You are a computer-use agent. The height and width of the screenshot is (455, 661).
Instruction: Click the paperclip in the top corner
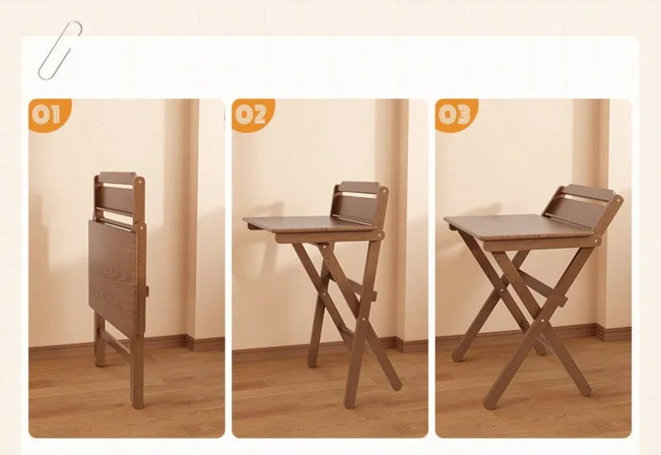click(x=59, y=50)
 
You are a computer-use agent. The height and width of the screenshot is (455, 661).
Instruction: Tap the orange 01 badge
click(x=48, y=114)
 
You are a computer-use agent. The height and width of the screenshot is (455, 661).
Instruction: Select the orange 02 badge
click(x=250, y=114)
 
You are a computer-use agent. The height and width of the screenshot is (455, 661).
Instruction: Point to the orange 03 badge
click(x=454, y=114)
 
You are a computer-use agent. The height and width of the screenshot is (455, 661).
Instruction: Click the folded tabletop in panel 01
click(x=112, y=273)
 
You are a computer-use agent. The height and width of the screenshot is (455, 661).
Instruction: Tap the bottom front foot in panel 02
click(x=351, y=403)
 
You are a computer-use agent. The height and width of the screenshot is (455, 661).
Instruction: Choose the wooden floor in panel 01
click(x=66, y=396)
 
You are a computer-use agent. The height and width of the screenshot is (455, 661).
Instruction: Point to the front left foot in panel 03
click(x=488, y=404)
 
